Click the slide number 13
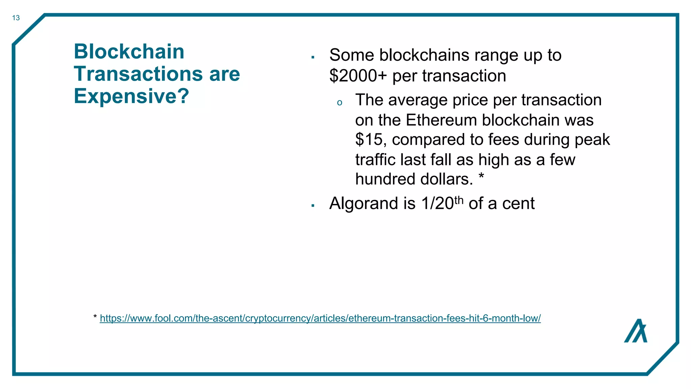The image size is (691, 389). (x=16, y=18)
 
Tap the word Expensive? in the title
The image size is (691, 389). (x=131, y=96)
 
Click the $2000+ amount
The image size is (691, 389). (x=358, y=76)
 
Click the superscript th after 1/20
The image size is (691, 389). (x=459, y=200)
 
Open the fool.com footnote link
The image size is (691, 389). (x=320, y=318)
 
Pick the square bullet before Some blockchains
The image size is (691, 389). (x=313, y=57)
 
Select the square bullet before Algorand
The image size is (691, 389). (x=313, y=206)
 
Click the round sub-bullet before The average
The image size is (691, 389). (x=339, y=103)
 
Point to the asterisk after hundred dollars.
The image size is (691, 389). (x=481, y=176)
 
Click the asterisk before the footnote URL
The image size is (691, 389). (x=95, y=317)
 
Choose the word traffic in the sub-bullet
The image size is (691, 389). (x=375, y=160)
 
